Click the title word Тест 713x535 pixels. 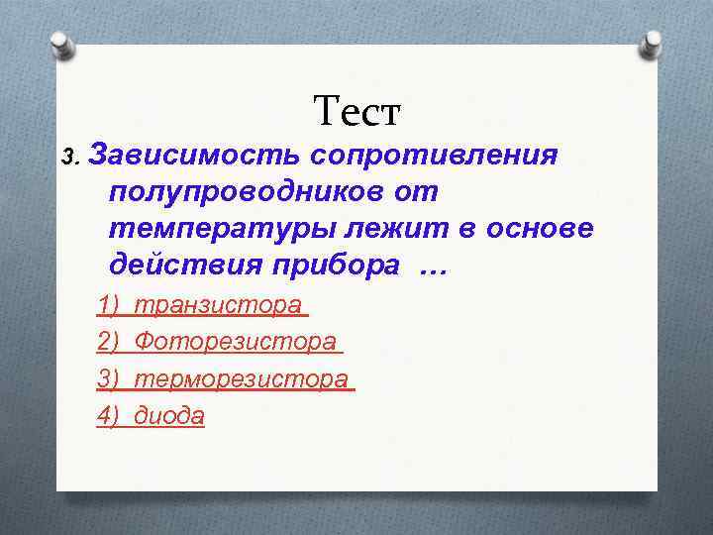pos(356,111)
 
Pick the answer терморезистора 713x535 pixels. pos(242,378)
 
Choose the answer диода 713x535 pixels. pos(169,416)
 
